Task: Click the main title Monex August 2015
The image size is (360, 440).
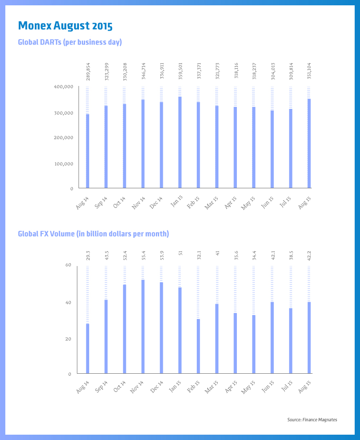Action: point(65,26)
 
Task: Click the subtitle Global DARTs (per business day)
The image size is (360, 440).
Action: point(70,42)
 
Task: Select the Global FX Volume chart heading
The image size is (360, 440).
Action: point(93,234)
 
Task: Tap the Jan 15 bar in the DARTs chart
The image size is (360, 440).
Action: point(180,142)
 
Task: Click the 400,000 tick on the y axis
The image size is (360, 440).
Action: point(63,87)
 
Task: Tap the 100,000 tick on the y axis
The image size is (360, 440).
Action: point(63,164)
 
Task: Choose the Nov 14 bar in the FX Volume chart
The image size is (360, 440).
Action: point(143,327)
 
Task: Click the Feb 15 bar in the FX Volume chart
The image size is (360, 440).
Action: point(198,346)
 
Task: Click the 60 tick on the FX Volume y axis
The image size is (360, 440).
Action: point(68,265)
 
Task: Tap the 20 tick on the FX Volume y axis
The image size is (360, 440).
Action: point(68,339)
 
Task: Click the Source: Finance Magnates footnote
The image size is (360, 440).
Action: point(312,420)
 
